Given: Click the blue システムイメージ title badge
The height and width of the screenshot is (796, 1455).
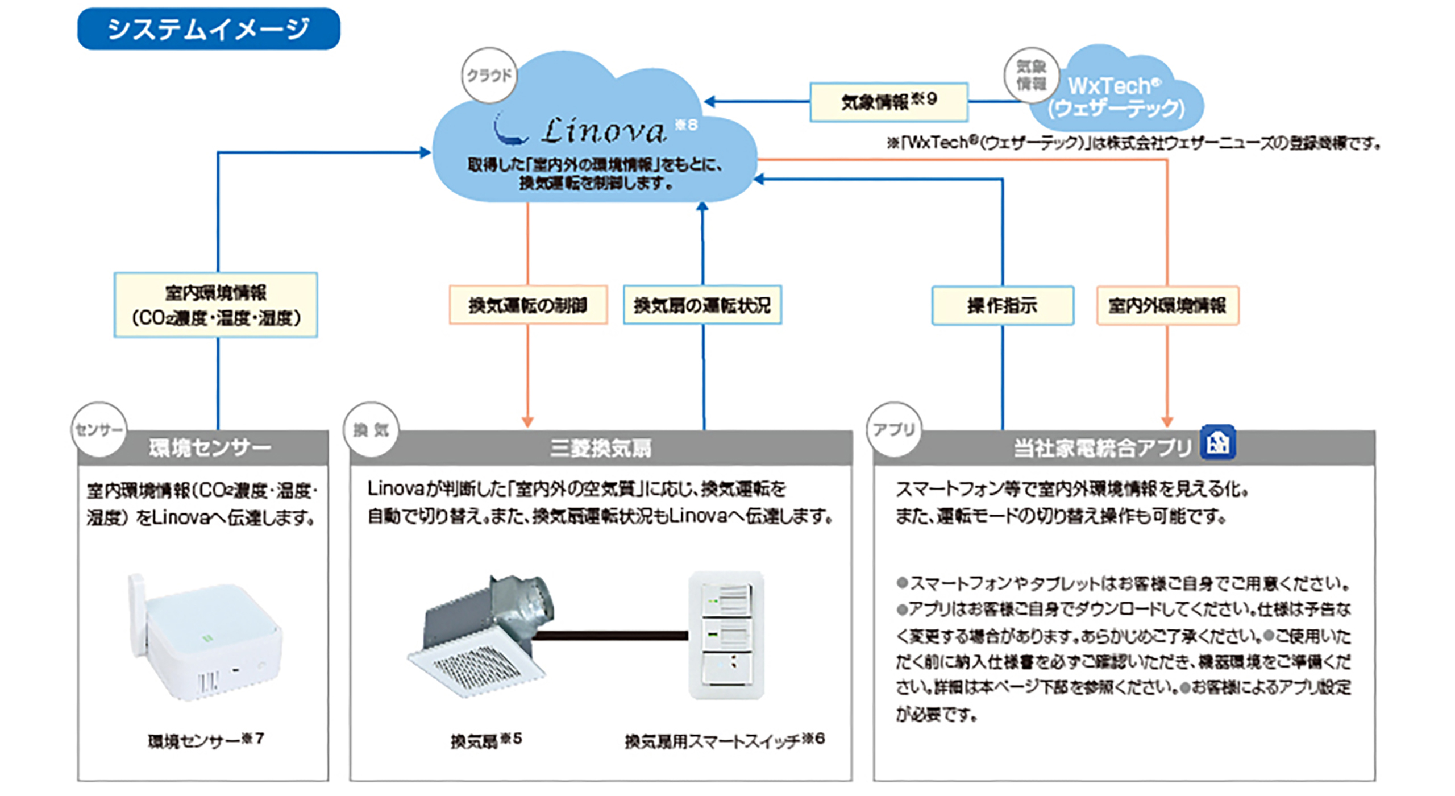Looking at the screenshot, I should (209, 29).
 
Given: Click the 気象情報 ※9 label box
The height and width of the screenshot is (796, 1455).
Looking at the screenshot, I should (888, 102).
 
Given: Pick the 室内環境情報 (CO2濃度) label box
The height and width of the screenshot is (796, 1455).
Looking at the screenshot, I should (216, 305).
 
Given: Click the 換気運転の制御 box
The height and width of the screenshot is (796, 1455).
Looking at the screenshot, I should (528, 305).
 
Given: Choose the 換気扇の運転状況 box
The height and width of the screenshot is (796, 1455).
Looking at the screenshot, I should (702, 305).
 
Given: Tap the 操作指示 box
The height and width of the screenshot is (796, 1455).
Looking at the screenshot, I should (1003, 306).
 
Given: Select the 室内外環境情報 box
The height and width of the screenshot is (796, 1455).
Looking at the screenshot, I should (1167, 306).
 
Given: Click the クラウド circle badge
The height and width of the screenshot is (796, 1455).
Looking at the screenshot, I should (489, 75).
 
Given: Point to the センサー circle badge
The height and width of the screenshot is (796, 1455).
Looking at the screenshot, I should (99, 430).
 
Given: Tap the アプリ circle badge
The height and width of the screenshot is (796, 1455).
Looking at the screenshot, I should (894, 430).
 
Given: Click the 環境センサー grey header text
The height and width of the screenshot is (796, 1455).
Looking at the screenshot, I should (210, 448).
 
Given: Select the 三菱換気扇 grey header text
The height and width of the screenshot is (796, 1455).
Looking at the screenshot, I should (601, 448).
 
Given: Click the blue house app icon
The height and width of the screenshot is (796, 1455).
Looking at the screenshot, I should (1217, 442).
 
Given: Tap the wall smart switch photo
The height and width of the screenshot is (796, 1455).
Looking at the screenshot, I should (726, 636).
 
